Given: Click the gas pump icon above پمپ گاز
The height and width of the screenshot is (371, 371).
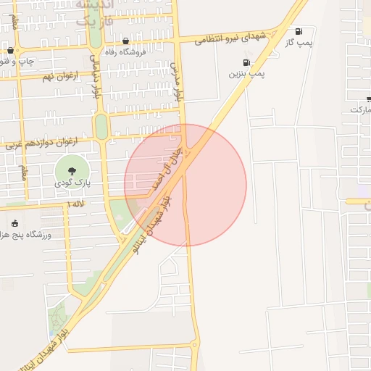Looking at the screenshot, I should click(299, 31).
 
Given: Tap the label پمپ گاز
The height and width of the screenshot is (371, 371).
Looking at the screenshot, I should click(299, 43).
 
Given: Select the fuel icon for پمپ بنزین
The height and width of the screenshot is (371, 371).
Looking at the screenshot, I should click(248, 62).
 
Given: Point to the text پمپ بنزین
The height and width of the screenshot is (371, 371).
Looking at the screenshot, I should click(248, 74).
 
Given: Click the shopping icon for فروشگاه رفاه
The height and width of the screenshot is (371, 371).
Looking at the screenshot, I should click(127, 41).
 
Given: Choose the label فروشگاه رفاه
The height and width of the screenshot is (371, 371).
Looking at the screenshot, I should click(127, 51).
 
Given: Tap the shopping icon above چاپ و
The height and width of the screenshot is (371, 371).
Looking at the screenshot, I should click(10, 50).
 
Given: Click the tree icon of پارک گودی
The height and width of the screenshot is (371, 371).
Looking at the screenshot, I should click(72, 171).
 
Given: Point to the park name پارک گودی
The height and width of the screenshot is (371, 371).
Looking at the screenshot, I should click(72, 184).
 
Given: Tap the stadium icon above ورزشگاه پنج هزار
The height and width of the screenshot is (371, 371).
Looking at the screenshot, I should click(15, 223).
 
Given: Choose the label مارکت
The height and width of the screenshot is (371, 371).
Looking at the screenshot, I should click(360, 109).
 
